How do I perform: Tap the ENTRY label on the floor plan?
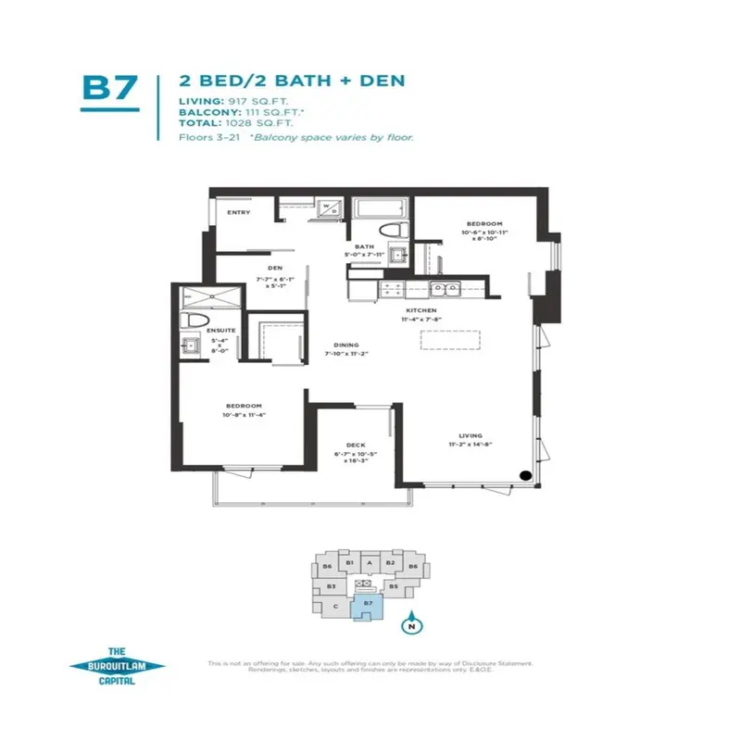[240, 212]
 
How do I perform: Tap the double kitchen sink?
[446, 288]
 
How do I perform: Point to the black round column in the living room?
[525, 476]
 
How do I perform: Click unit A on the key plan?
[370, 562]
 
